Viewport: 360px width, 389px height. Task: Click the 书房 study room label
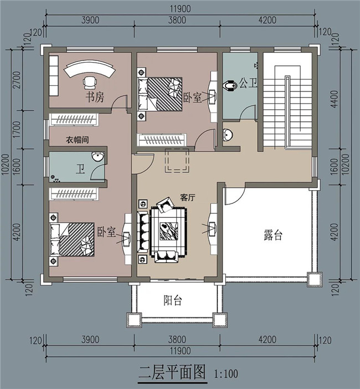(x=94, y=98)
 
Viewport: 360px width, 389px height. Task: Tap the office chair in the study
(x=89, y=83)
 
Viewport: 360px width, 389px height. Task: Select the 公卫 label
(x=248, y=84)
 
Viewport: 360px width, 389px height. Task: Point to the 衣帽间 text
(x=78, y=140)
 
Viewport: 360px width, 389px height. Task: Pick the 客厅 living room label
(x=189, y=197)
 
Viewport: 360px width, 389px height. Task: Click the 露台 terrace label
(x=273, y=236)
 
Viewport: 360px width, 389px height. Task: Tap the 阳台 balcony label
(x=173, y=301)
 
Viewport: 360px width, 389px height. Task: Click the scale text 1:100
(x=225, y=373)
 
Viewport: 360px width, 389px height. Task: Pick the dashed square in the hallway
(x=177, y=161)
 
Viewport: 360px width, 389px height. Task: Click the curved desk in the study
(x=89, y=71)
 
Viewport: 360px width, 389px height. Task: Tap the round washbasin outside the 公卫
(x=228, y=134)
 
